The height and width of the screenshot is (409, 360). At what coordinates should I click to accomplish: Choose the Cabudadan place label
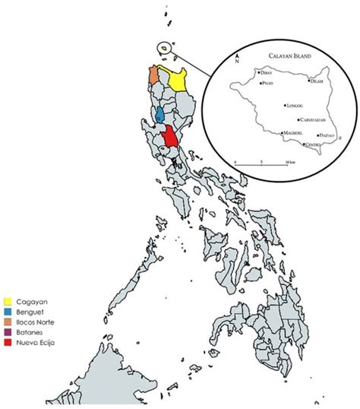point(311,119)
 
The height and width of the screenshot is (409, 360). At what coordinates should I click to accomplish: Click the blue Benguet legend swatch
point(7,311)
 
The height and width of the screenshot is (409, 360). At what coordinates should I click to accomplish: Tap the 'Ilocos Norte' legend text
point(36,322)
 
